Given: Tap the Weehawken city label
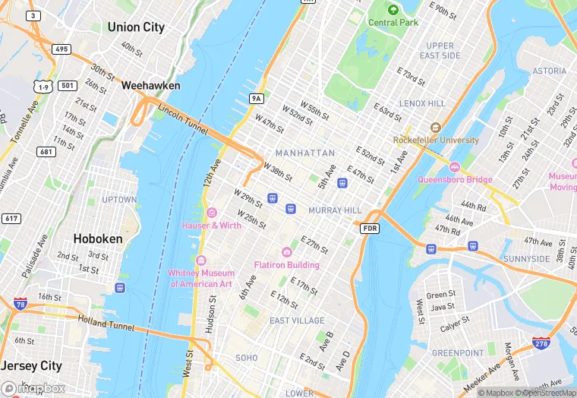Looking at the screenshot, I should [x=150, y=86].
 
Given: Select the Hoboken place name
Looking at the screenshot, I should [x=97, y=238].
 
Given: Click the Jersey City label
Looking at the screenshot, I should [x=31, y=366].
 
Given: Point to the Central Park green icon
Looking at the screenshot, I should [x=393, y=10].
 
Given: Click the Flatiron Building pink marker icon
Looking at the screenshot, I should [x=287, y=252].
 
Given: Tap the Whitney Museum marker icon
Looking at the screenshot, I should [x=200, y=261].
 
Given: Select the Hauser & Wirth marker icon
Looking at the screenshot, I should [x=211, y=213].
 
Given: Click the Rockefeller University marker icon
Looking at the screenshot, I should [x=435, y=128].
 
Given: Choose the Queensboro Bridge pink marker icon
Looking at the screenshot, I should [x=455, y=167].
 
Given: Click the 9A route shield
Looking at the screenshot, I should [x=257, y=98].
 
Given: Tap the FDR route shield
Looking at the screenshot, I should [x=370, y=228].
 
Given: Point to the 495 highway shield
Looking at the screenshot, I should [x=61, y=49].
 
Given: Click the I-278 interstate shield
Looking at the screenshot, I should [x=541, y=344].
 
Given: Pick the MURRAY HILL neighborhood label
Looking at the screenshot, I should [x=335, y=210].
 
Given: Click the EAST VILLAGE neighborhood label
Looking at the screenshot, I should [x=297, y=321].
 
